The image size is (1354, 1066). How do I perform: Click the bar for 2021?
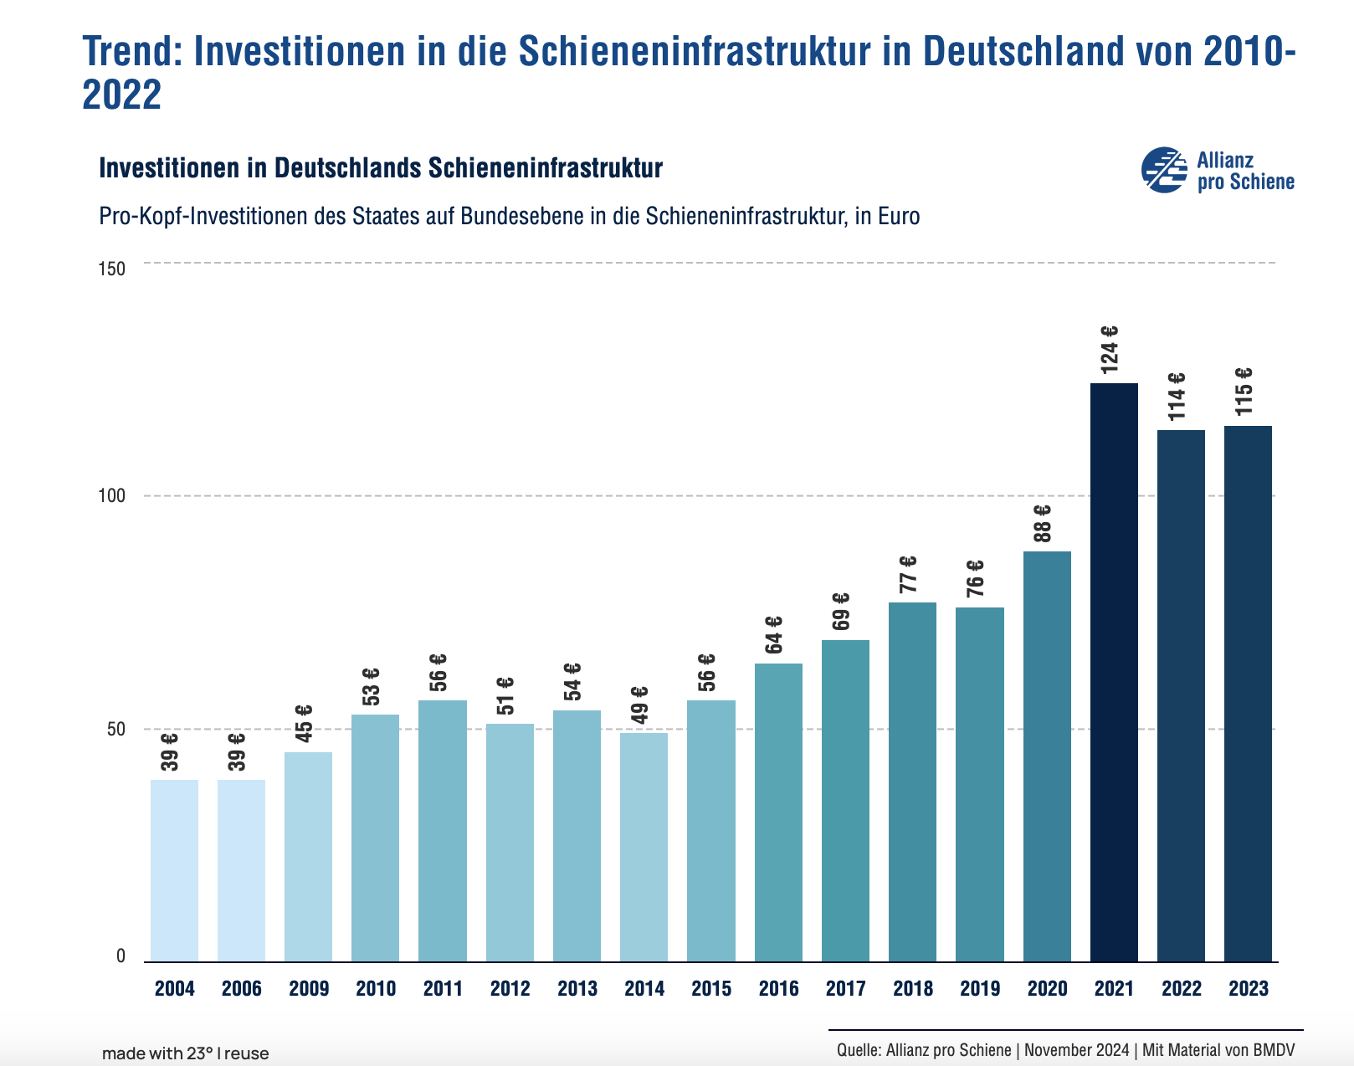point(1114,672)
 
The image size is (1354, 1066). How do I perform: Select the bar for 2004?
point(174,870)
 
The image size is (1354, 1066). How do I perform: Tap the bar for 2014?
point(644,847)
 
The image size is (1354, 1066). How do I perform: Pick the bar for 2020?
point(1047,756)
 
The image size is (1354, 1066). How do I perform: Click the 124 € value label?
point(1110,349)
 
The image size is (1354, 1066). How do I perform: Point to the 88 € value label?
point(1043,523)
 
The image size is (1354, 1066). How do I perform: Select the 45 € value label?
point(305,722)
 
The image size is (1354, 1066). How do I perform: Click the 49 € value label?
point(640,705)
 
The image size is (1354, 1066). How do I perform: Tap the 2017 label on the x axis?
point(845,989)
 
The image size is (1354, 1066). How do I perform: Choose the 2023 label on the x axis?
point(1248,989)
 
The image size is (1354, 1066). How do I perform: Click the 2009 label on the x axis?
point(309,989)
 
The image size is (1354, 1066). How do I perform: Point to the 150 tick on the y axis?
point(111,269)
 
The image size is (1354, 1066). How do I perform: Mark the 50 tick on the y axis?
point(115,729)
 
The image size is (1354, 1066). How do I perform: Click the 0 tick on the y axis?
point(121,956)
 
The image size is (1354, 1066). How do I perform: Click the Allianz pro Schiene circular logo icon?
point(1164,170)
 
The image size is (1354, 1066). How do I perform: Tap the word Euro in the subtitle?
point(899,217)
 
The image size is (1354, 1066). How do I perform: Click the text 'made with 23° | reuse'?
point(185,1053)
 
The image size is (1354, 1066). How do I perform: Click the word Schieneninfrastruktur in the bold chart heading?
point(545,168)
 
